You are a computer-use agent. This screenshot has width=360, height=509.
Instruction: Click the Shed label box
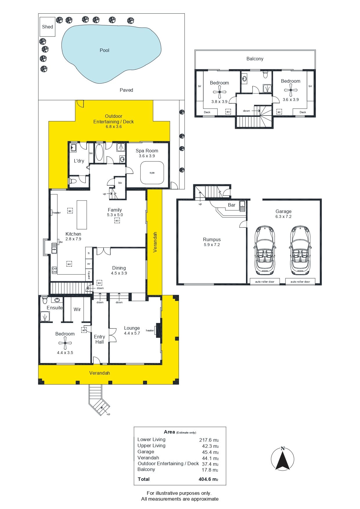click(47, 27)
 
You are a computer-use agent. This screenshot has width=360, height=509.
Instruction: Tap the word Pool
click(104, 50)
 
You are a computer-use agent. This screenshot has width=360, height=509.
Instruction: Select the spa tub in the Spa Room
click(152, 173)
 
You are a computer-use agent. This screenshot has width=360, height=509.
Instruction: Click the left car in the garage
click(265, 250)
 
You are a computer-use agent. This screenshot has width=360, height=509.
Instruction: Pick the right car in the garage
click(300, 250)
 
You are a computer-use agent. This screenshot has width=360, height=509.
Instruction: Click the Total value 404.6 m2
click(208, 479)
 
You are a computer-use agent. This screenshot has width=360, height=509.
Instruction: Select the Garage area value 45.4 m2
click(210, 452)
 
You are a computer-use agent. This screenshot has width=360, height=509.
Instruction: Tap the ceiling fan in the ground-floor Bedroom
click(65, 343)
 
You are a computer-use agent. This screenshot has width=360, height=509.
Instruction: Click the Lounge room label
click(132, 328)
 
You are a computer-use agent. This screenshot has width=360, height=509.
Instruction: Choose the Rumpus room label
click(212, 239)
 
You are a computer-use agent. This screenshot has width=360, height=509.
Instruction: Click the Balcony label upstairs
click(255, 59)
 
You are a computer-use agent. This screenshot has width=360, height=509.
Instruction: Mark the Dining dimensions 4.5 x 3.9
click(119, 273)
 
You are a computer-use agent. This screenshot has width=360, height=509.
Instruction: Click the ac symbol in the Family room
click(117, 221)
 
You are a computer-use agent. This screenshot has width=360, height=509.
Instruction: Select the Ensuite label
click(55, 308)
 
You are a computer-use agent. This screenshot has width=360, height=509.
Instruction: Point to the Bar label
click(231, 205)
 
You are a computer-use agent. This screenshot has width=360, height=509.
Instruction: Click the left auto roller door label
click(265, 282)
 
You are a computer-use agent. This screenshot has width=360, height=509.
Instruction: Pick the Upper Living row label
click(151, 445)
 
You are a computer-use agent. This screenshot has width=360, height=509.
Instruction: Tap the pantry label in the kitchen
click(89, 275)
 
